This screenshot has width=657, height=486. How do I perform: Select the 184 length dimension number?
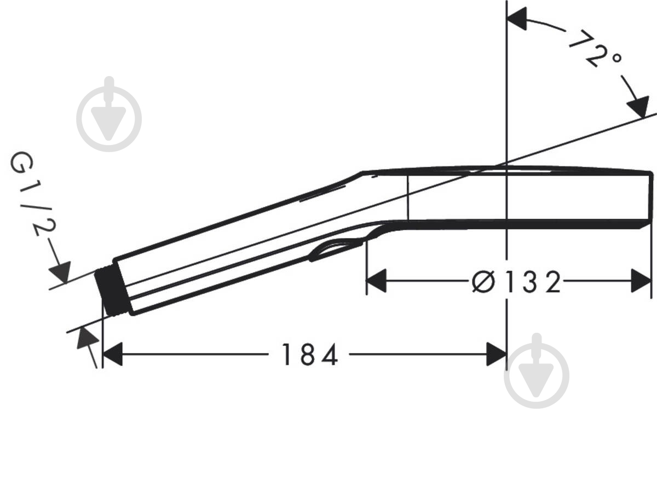click(x=309, y=355)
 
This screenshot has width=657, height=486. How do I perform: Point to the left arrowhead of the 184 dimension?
click(x=112, y=355)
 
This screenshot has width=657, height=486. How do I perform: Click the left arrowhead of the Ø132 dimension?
click(x=376, y=281)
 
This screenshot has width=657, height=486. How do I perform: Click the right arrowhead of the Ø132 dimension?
click(x=641, y=281)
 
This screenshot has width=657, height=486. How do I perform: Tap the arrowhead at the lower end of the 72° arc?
click(x=638, y=106)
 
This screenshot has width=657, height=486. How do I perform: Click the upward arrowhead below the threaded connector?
click(x=87, y=338)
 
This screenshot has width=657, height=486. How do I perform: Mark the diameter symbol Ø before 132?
click(x=483, y=282)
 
